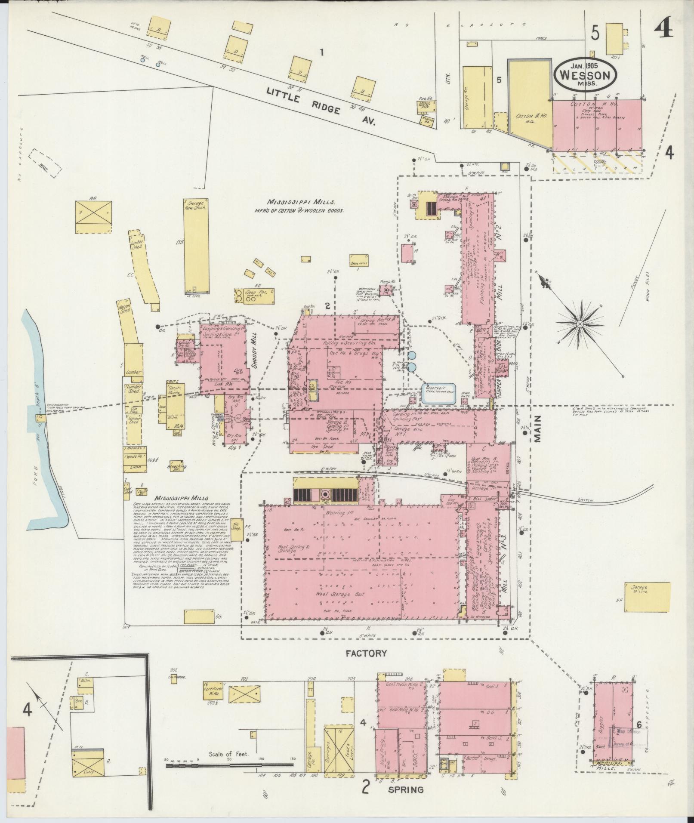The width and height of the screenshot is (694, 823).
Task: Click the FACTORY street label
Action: coord(366,666)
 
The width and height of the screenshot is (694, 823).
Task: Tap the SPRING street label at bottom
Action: coord(406,790)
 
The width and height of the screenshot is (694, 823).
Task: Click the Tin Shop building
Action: coord(236,528)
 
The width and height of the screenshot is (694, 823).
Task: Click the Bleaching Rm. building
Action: coord(177,465)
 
